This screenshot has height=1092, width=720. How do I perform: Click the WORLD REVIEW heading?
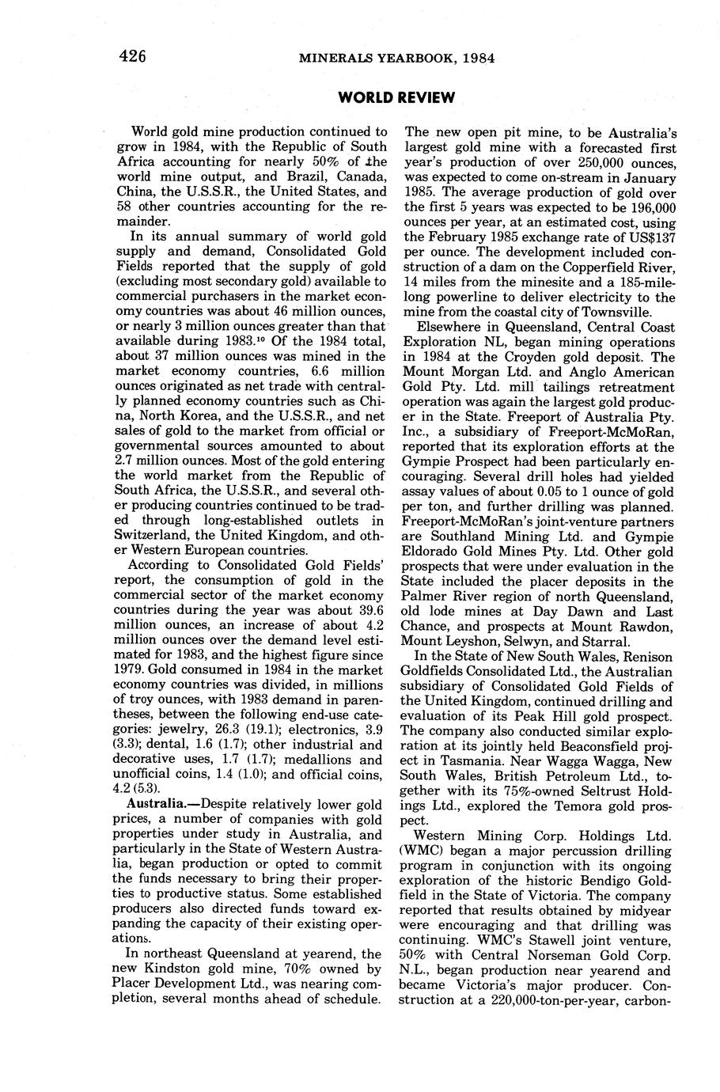pyautogui.click(x=396, y=97)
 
